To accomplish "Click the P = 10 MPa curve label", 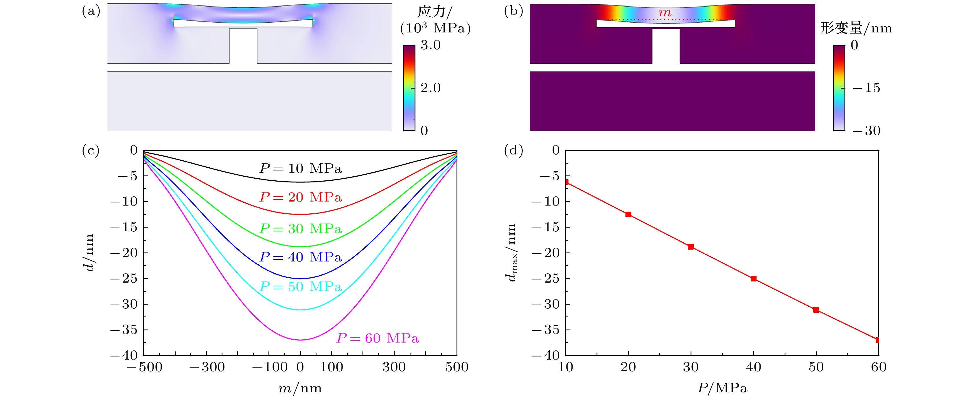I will (x=301, y=169).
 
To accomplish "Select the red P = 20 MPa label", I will (x=301, y=197).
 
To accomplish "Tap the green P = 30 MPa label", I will (x=301, y=229).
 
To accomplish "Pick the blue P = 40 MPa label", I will (x=301, y=257).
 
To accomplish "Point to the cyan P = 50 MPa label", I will (x=301, y=287).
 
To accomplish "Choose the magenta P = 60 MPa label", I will (x=377, y=338).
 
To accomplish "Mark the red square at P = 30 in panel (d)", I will (x=691, y=247).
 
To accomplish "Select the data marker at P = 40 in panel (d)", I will (x=753, y=279).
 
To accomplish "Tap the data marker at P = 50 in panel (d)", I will (x=816, y=310).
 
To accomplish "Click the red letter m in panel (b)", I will (x=665, y=13).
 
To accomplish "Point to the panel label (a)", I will (x=91, y=11).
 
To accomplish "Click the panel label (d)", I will (x=513, y=151).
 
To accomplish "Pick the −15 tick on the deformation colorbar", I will (x=866, y=88).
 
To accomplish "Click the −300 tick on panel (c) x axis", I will (x=207, y=367).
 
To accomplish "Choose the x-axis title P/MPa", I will (x=722, y=388).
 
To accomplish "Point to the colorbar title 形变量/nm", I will (x=856, y=28).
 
